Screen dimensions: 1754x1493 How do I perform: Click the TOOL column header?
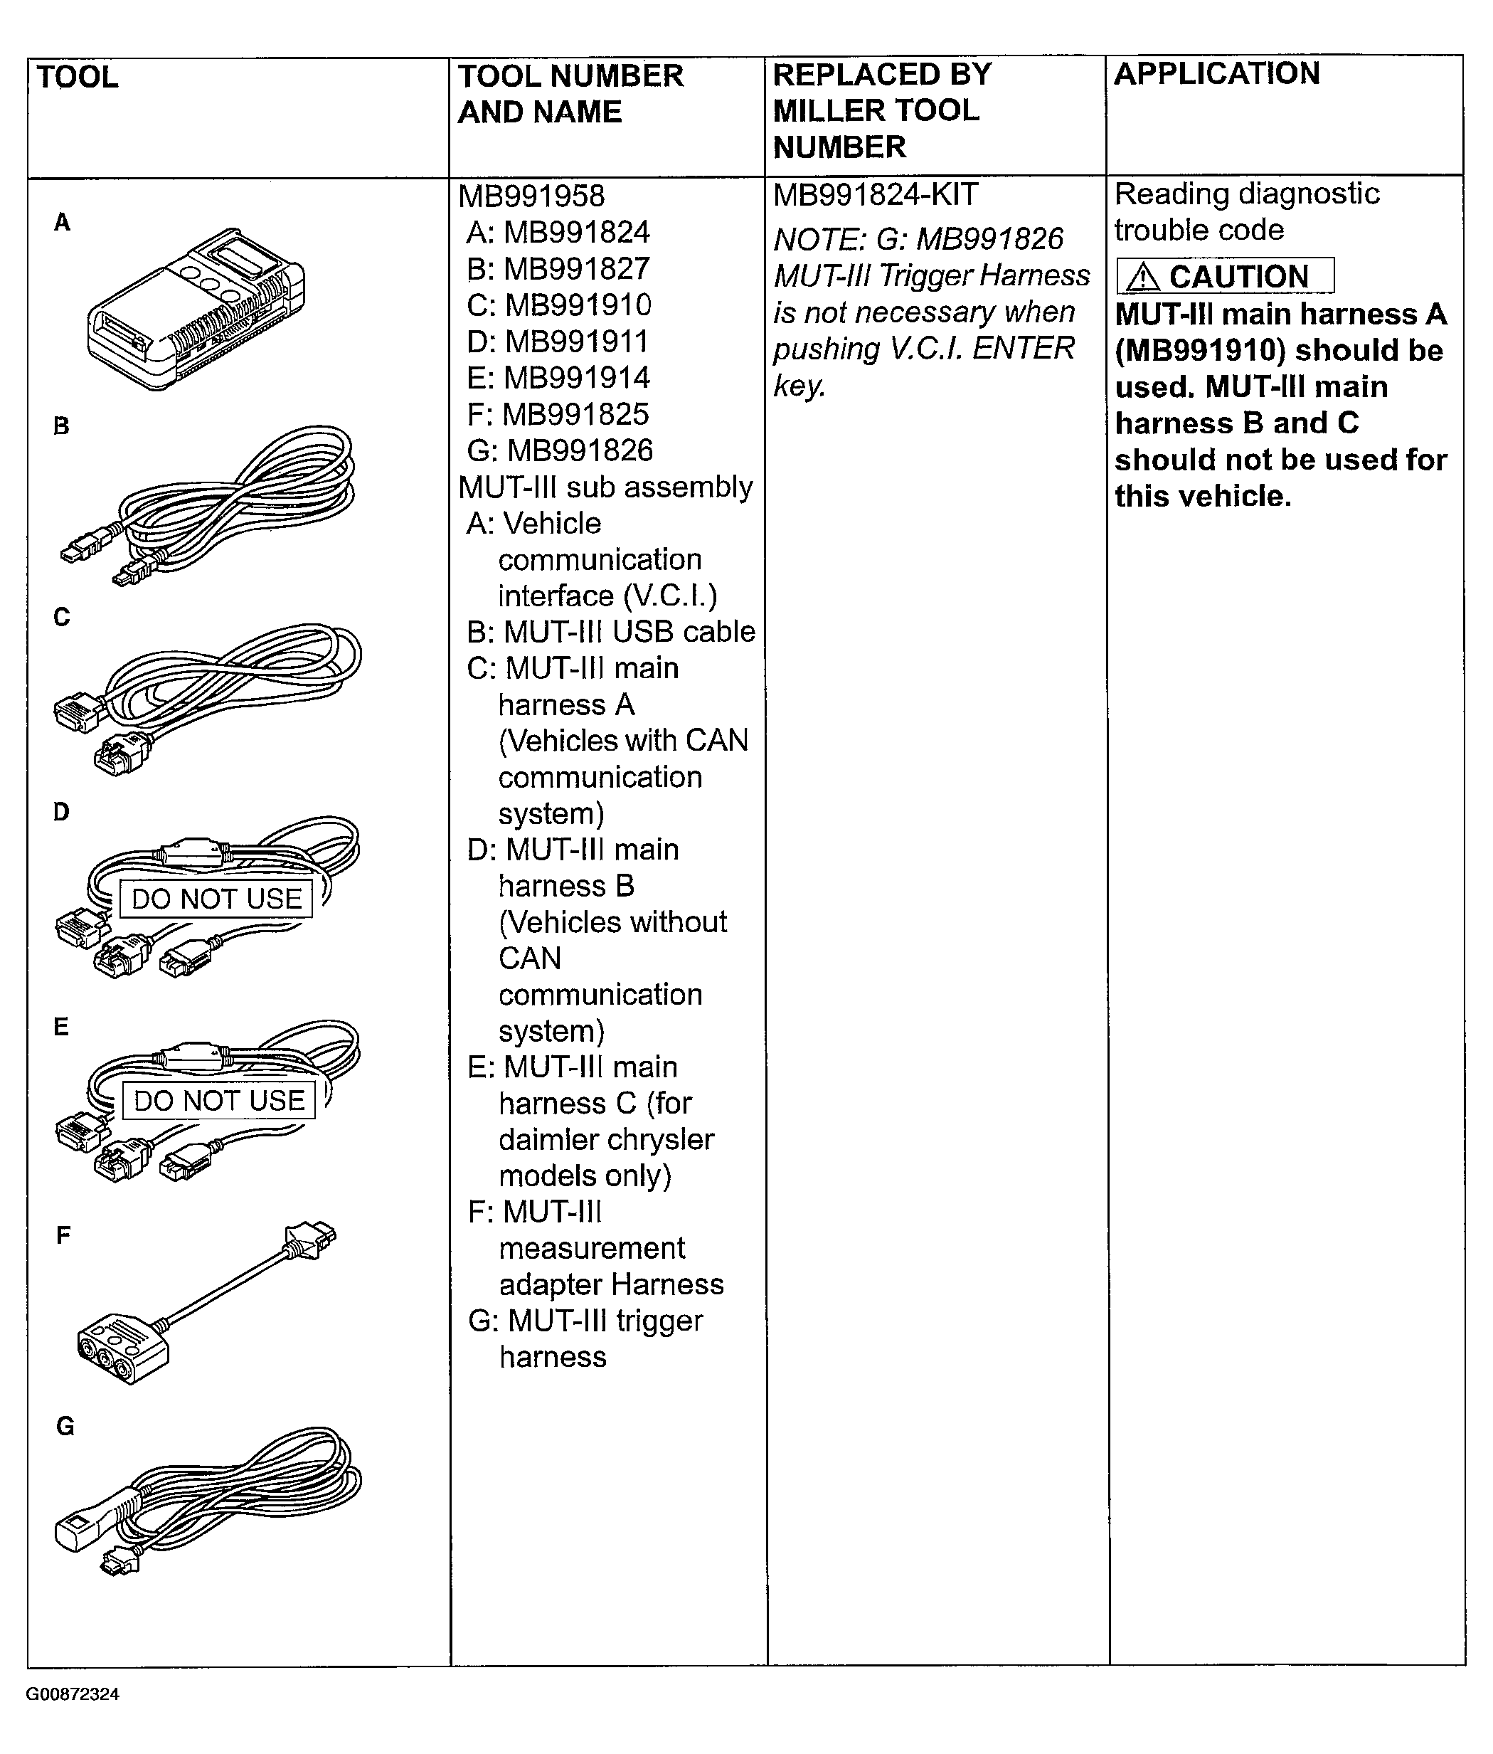pos(77,77)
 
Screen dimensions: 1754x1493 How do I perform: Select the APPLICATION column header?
pos(1216,74)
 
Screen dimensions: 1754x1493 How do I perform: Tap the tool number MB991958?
pos(531,196)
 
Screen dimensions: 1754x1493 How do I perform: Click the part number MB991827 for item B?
pos(576,269)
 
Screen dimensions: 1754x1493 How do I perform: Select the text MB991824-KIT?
pos(875,196)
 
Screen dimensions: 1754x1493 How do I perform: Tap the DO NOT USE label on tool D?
pos(217,899)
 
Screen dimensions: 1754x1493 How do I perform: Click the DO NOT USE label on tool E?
pos(219,1101)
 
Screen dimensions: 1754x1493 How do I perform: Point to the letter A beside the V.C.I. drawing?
pos(62,223)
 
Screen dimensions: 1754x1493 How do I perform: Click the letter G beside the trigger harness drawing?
pos(65,1427)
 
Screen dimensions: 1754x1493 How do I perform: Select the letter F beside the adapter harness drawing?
pos(63,1236)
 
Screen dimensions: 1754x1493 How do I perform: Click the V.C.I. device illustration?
pos(196,309)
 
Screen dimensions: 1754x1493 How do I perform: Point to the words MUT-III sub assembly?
pos(605,487)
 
